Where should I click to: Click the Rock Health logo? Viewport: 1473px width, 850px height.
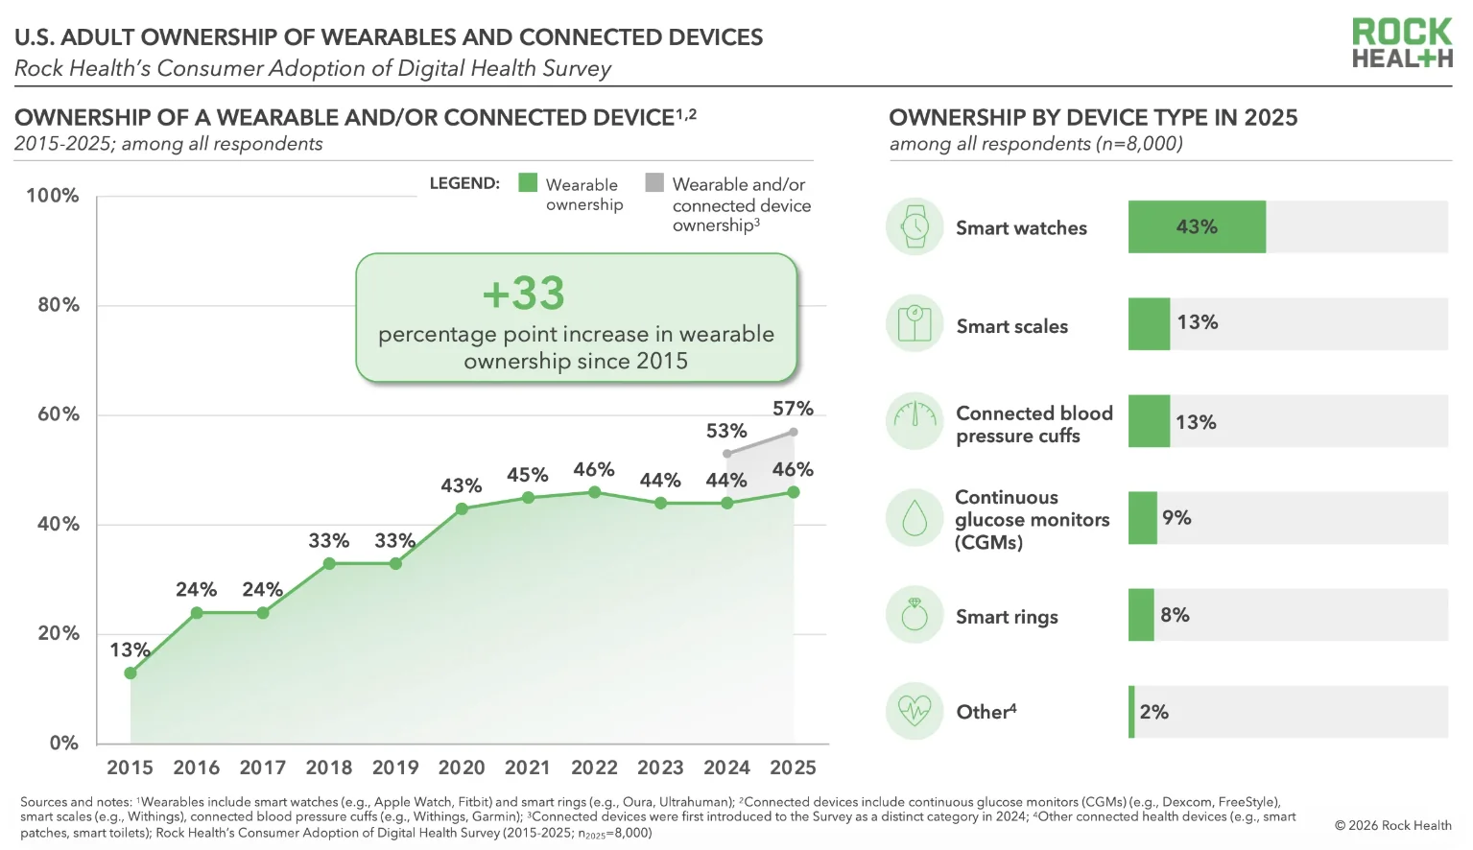click(1402, 43)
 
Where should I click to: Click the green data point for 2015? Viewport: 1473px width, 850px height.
click(131, 673)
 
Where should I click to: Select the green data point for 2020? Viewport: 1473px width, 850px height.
click(462, 508)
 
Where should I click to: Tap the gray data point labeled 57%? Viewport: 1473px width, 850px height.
click(794, 432)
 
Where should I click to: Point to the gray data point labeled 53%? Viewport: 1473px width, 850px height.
click(726, 454)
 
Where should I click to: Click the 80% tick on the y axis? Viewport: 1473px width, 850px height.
click(59, 305)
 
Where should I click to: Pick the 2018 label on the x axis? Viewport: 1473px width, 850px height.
click(329, 767)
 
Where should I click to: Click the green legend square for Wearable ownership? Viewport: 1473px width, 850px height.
click(528, 182)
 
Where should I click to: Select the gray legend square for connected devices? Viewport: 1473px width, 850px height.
click(654, 182)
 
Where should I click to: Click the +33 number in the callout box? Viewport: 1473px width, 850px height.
click(523, 294)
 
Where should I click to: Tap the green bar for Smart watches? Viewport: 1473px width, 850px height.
click(1197, 226)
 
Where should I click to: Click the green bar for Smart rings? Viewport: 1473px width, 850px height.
click(1141, 615)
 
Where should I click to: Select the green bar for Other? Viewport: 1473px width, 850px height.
click(1131, 712)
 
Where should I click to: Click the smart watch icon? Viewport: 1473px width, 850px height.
click(915, 226)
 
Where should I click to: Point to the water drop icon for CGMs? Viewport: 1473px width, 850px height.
click(915, 518)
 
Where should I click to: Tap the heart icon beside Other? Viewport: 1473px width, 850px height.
click(915, 711)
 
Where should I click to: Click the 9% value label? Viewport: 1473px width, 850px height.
click(1176, 517)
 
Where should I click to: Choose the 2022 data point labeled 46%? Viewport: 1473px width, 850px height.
click(594, 492)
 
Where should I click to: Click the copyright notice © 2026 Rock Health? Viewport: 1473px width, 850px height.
click(1392, 826)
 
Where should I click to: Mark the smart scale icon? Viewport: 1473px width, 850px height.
click(915, 323)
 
